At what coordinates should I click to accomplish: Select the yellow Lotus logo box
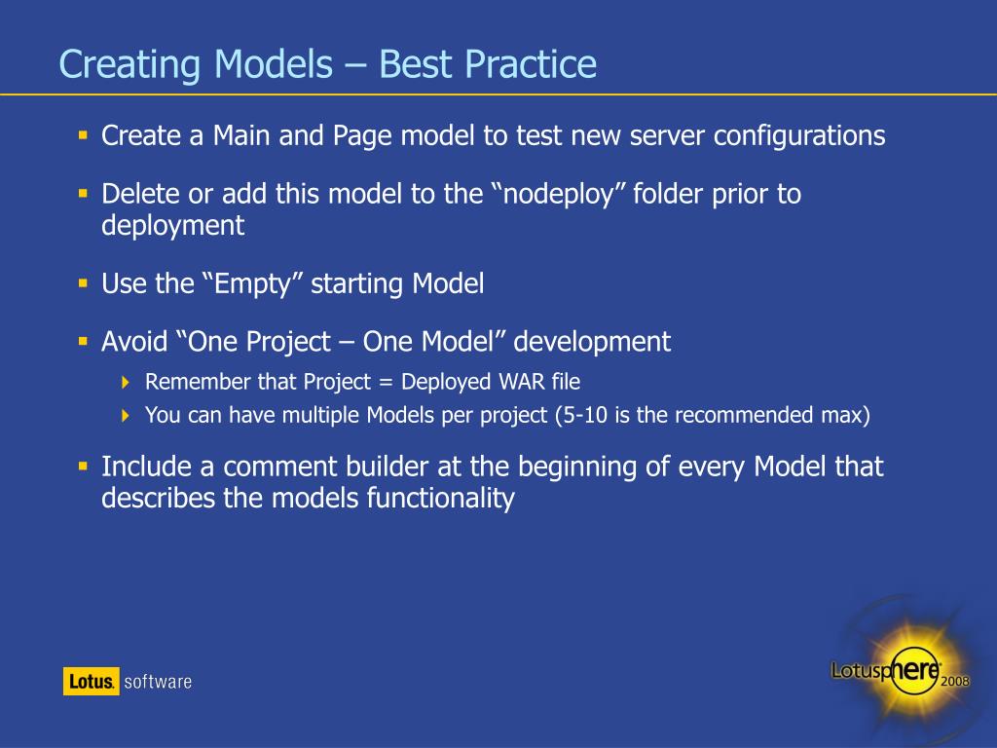point(91,681)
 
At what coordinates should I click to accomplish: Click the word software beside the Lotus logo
point(158,682)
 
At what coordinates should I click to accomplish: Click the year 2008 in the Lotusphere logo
point(955,681)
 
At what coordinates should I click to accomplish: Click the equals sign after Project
point(386,382)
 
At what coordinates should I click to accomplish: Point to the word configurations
point(799,136)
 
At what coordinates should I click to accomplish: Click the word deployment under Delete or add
point(173,226)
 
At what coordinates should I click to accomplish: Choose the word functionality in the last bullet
point(441,498)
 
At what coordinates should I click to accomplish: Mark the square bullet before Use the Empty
point(83,283)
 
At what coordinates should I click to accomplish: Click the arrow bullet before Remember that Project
point(126,382)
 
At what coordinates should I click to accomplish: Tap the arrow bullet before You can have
point(126,415)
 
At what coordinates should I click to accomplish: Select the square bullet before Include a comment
point(83,467)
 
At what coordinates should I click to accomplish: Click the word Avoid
point(134,342)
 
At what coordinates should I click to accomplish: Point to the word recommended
point(744,415)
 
